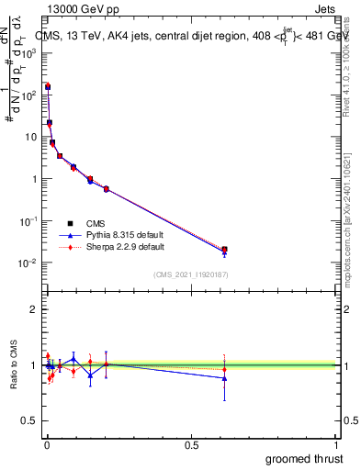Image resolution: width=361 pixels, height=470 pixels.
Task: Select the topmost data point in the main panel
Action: coord(48,86)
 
